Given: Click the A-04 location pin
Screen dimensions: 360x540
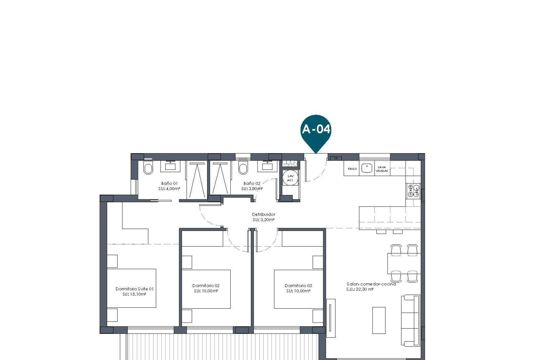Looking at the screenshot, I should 316,130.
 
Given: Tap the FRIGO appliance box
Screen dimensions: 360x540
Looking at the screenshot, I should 352,169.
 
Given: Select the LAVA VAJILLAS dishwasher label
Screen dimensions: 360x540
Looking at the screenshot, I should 382,169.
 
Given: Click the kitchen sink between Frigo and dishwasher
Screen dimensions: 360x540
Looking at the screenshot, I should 367,168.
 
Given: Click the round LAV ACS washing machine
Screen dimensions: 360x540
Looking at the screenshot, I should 290,178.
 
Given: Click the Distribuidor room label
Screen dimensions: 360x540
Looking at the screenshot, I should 264,214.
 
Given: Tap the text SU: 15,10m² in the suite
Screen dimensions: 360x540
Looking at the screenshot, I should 134,294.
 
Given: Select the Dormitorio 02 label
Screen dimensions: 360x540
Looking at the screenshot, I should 206,285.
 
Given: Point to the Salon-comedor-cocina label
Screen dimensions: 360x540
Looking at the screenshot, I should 371,284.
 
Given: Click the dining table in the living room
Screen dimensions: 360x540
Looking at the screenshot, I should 404,263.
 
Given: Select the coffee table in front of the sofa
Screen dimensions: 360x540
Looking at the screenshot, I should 379,320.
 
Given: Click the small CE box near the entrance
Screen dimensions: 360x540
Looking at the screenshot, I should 336,158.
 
